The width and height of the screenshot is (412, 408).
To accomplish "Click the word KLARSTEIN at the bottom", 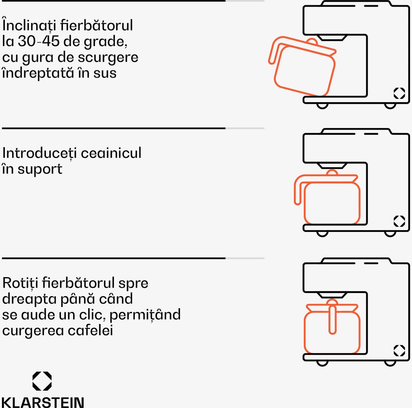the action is [x=43, y=402].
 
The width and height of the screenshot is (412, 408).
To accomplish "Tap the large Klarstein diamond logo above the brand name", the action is [x=42, y=381].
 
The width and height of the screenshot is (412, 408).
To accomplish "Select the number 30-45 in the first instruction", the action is [x=39, y=41].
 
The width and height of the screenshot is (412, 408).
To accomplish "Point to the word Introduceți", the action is [x=40, y=154].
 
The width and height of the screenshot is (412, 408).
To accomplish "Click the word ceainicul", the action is [x=111, y=153].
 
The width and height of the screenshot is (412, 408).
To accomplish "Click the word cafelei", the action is [x=90, y=330].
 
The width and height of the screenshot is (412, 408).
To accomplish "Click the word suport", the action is [x=40, y=170].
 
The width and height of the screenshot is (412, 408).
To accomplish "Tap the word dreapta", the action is [x=29, y=299].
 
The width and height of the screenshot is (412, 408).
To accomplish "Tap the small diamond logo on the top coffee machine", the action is [x=399, y=93].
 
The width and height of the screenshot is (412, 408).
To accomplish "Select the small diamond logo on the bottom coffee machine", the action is [x=399, y=350].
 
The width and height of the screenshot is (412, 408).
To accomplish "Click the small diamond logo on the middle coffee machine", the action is [x=399, y=221].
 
